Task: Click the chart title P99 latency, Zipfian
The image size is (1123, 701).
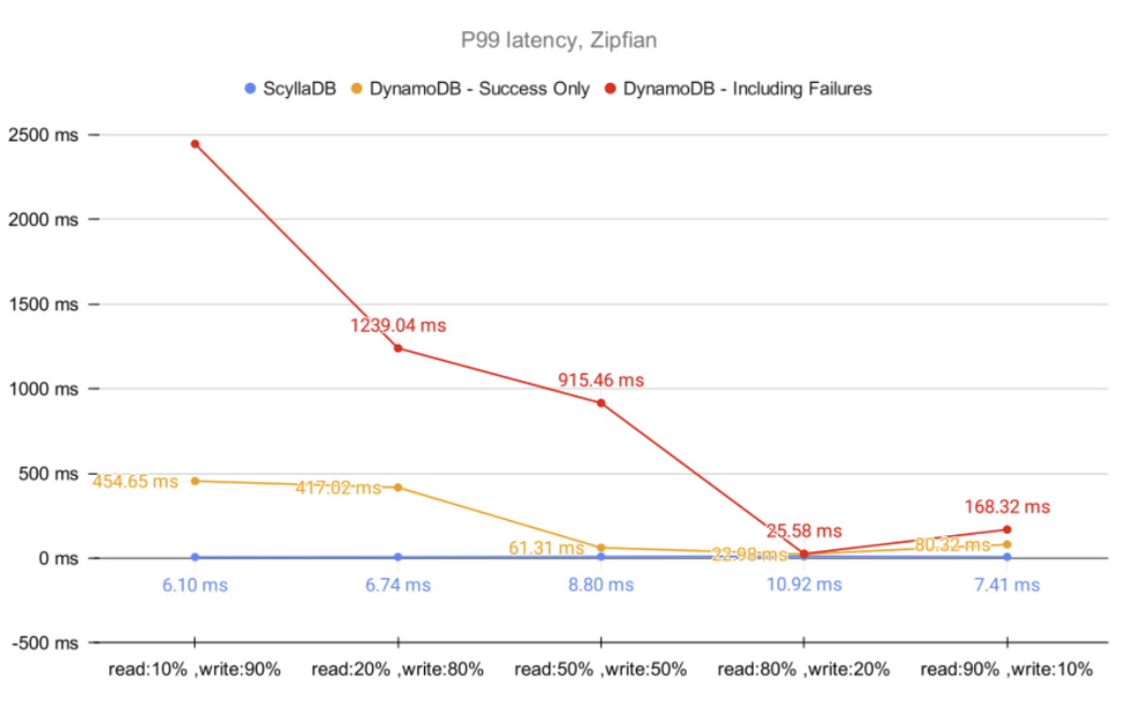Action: tap(561, 41)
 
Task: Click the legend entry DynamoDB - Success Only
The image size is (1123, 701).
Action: tap(480, 89)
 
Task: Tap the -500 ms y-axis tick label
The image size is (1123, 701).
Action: tap(44, 643)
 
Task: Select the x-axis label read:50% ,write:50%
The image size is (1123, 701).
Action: tap(601, 670)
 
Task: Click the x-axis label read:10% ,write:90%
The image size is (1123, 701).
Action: tap(194, 670)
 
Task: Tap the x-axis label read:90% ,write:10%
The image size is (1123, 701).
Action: tap(1006, 670)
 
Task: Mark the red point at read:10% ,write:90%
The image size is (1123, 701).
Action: tap(195, 144)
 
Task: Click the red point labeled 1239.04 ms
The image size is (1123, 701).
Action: tap(398, 349)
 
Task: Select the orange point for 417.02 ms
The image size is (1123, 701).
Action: tap(398, 487)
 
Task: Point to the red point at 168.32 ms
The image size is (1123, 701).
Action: tap(1007, 530)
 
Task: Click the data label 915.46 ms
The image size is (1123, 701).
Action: tap(601, 380)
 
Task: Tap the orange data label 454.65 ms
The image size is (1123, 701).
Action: tap(135, 481)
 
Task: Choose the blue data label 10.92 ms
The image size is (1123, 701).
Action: tap(804, 585)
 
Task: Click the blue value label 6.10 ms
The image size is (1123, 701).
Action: tap(195, 585)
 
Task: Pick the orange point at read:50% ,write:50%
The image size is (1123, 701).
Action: tap(601, 547)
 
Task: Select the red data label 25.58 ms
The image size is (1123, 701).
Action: tap(804, 531)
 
